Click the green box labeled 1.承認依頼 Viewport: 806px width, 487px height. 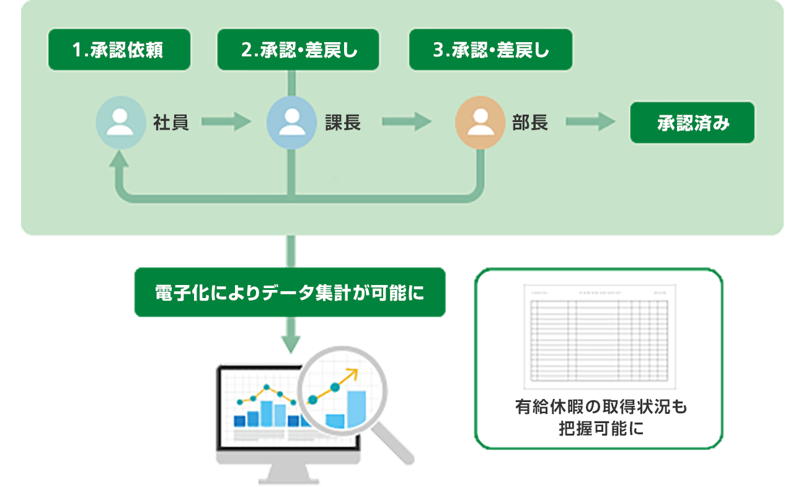tap(118, 50)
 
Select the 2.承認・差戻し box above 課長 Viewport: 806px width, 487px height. tap(298, 50)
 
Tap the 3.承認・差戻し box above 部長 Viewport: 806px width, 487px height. tap(490, 50)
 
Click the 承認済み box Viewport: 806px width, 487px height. tap(692, 123)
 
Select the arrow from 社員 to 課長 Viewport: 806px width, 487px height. tap(225, 123)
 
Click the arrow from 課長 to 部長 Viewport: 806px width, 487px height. tap(406, 123)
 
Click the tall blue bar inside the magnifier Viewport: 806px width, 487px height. tap(356, 409)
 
